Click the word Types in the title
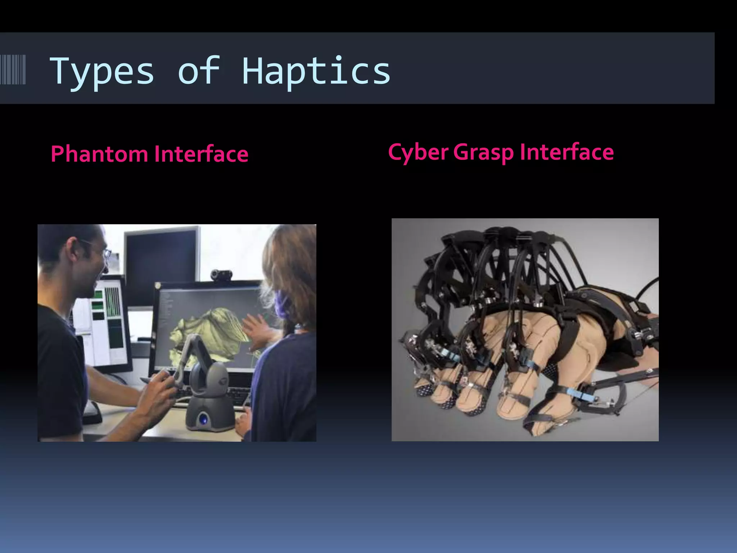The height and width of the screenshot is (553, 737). (x=102, y=72)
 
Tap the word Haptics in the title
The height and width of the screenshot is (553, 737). (x=316, y=72)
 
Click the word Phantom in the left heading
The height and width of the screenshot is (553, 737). (x=99, y=154)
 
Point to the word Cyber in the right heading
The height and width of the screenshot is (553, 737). (x=418, y=152)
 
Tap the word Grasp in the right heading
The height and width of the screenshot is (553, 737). (x=483, y=153)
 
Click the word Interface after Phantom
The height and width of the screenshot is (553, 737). (x=201, y=154)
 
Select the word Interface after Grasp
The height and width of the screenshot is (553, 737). (x=567, y=152)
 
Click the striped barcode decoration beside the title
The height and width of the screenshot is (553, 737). (x=13, y=69)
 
